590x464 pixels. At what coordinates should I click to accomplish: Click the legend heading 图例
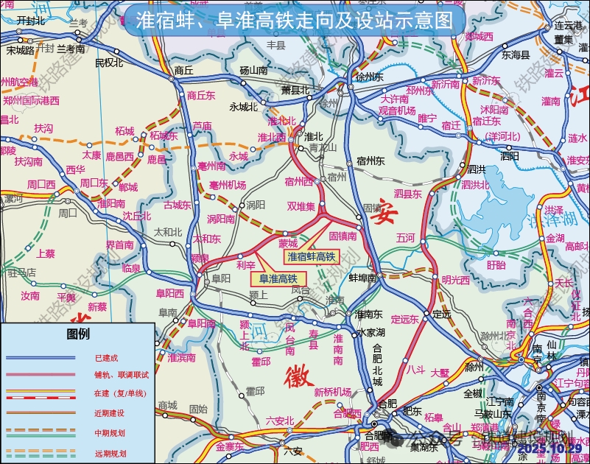coord(78,334)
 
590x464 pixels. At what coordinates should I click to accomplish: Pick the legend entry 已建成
coord(106,358)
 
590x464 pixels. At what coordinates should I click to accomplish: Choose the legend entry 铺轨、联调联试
coord(122,375)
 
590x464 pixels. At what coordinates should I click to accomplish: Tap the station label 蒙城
coord(288,243)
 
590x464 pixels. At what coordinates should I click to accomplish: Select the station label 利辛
coord(245,264)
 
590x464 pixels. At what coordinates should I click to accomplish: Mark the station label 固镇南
coord(343,236)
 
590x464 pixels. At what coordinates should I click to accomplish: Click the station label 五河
coord(406,238)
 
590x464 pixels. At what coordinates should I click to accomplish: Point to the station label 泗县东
coord(407,194)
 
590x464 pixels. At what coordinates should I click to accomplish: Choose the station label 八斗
coord(416,370)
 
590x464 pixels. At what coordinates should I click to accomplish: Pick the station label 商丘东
coord(200,95)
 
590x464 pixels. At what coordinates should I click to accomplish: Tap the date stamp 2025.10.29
coord(549,448)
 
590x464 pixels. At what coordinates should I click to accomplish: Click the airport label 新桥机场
coord(332,392)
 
